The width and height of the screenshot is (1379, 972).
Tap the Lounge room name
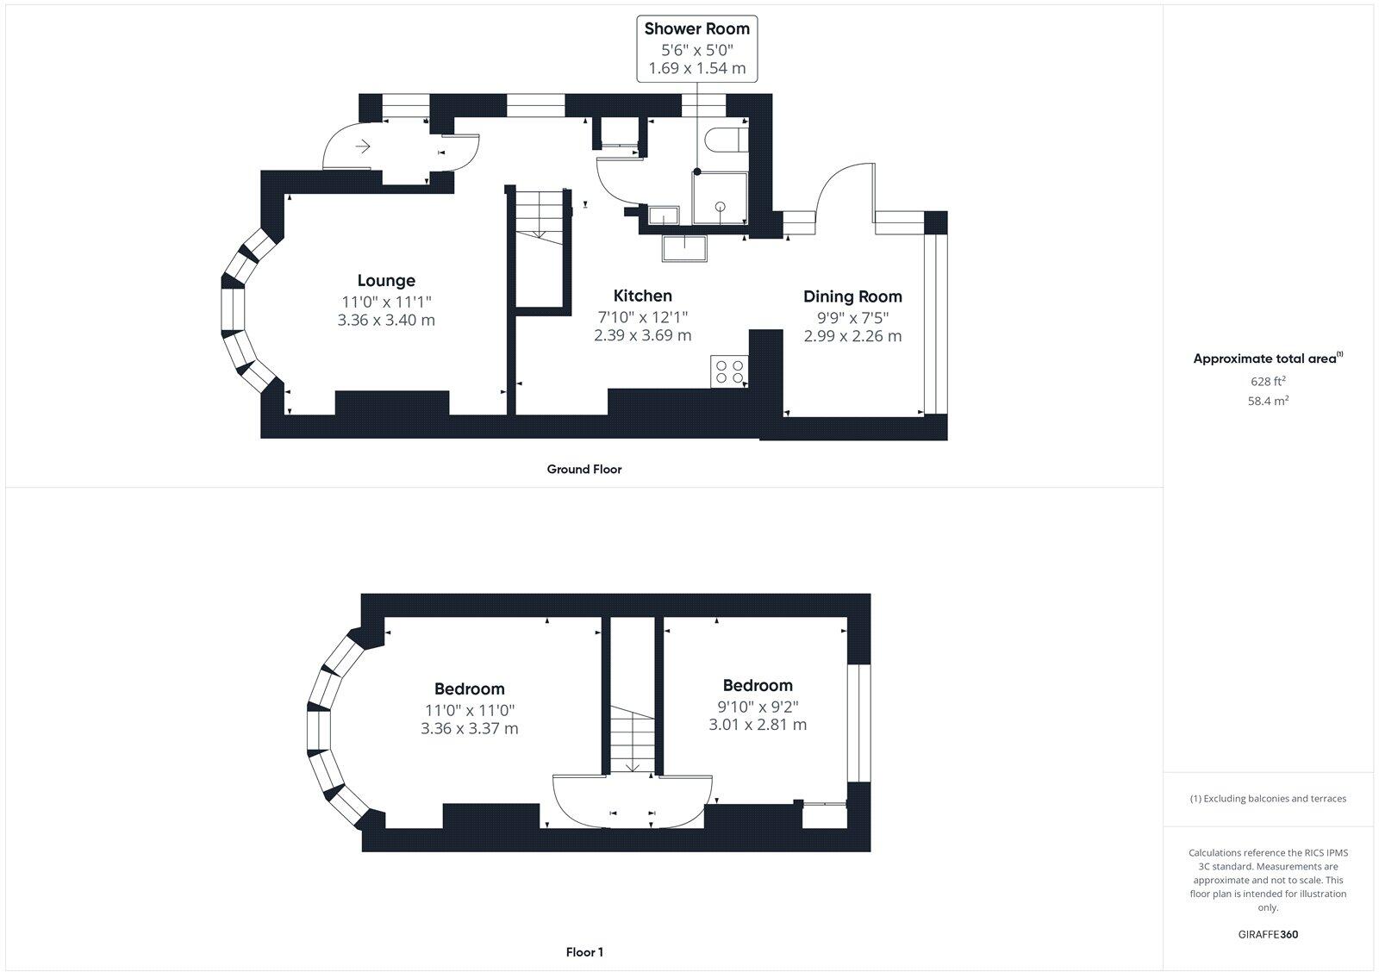point(386,280)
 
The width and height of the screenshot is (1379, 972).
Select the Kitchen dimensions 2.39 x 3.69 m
point(642,335)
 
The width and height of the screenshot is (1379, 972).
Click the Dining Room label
point(852,296)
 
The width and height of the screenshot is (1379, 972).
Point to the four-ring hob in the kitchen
point(729,371)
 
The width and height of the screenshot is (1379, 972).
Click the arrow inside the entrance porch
point(363,146)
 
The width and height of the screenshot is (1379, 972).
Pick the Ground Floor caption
point(583,470)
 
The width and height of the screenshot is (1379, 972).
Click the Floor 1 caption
point(584,952)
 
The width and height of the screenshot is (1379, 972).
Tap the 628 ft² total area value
point(1268,381)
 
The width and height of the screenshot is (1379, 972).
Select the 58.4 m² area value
point(1268,401)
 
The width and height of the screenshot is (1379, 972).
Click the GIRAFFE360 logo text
point(1268,934)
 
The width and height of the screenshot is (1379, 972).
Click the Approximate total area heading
point(1267,358)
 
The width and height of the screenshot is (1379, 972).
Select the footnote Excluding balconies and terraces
point(1268,799)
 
